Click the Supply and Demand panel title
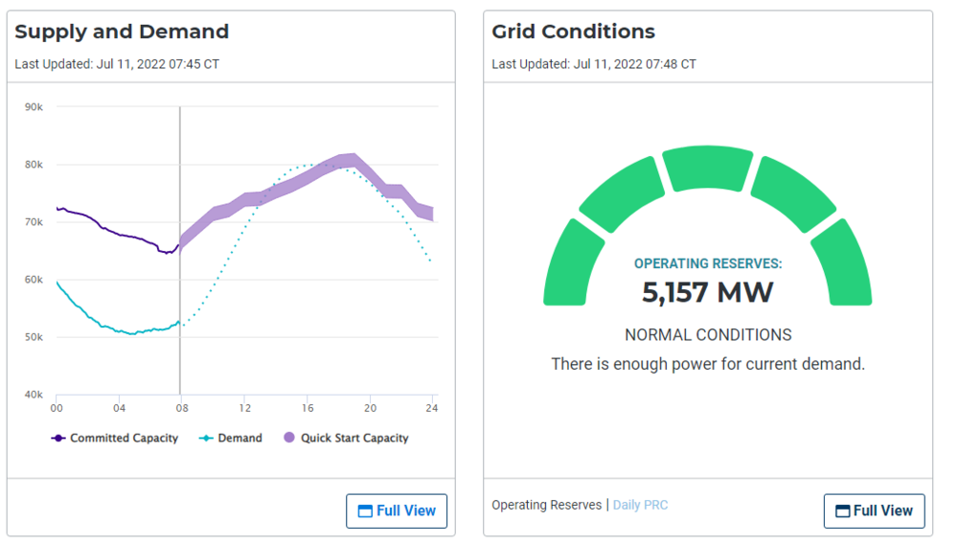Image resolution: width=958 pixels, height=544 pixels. (x=122, y=32)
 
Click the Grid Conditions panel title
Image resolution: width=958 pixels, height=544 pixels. (x=573, y=32)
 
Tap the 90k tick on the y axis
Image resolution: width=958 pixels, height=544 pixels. (x=34, y=107)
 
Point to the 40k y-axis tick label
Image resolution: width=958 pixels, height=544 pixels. (x=34, y=395)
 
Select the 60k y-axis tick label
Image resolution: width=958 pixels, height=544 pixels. (x=34, y=280)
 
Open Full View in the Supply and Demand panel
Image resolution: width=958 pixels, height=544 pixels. (x=397, y=510)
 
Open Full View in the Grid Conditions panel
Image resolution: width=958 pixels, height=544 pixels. (x=874, y=510)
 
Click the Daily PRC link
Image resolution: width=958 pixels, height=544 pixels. (x=640, y=505)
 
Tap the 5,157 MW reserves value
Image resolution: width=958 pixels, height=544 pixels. (x=707, y=292)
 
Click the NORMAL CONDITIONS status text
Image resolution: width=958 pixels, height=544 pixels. (x=708, y=335)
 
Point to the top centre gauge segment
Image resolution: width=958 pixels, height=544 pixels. (x=708, y=169)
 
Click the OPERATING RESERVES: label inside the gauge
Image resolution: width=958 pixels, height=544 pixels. (x=708, y=263)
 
